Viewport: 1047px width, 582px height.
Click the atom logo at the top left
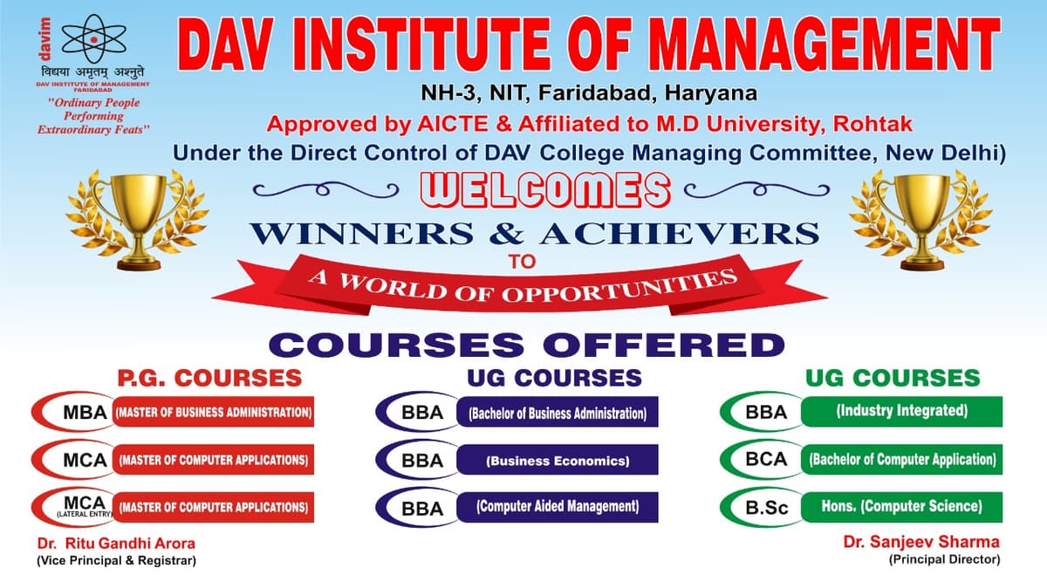tap(94, 39)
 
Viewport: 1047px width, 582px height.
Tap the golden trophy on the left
tap(138, 220)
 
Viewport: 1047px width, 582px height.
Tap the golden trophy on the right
tap(920, 220)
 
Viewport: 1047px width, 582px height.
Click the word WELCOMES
tap(545, 190)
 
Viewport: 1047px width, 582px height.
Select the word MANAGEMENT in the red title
tap(825, 45)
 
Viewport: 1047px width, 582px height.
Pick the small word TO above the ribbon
tap(523, 261)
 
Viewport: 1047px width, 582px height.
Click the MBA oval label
tap(75, 412)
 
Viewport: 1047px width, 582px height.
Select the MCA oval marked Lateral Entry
tap(75, 507)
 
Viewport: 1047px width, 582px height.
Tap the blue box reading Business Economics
tap(558, 460)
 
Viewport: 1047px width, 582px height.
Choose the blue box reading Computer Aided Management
tap(558, 507)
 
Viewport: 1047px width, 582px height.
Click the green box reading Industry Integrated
tap(901, 411)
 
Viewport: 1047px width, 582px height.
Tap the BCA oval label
tap(763, 459)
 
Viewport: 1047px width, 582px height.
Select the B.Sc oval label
tap(763, 507)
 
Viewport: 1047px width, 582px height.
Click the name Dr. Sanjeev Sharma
tap(921, 542)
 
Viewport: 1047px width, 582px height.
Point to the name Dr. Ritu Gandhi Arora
tap(116, 544)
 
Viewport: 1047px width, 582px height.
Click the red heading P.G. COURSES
tap(209, 378)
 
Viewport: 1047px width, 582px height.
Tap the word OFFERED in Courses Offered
tap(664, 345)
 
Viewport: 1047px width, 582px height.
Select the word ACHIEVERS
tap(680, 233)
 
